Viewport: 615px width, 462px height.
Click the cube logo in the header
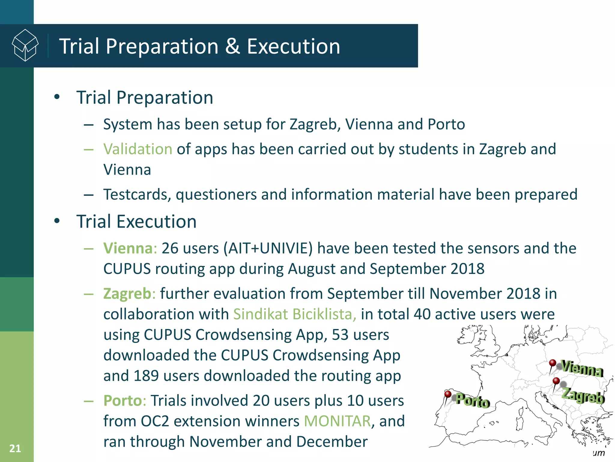click(x=25, y=45)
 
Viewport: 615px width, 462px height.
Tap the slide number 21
click(x=15, y=448)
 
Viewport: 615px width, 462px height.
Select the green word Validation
click(x=138, y=149)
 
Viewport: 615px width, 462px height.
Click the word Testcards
click(x=137, y=195)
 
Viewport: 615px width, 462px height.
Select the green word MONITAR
click(x=337, y=421)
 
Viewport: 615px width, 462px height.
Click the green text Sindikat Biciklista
click(x=295, y=314)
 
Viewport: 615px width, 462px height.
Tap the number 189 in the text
click(x=146, y=376)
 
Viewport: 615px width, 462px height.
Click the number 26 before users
click(x=170, y=248)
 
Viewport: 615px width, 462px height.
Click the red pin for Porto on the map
click(x=448, y=394)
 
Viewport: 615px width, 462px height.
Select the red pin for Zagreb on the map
click(x=556, y=381)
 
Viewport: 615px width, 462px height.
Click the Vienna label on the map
click(x=582, y=368)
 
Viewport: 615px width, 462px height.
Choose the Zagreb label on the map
click(x=583, y=396)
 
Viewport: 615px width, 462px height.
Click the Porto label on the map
click(x=473, y=401)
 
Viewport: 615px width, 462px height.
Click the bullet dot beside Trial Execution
click(x=57, y=221)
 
